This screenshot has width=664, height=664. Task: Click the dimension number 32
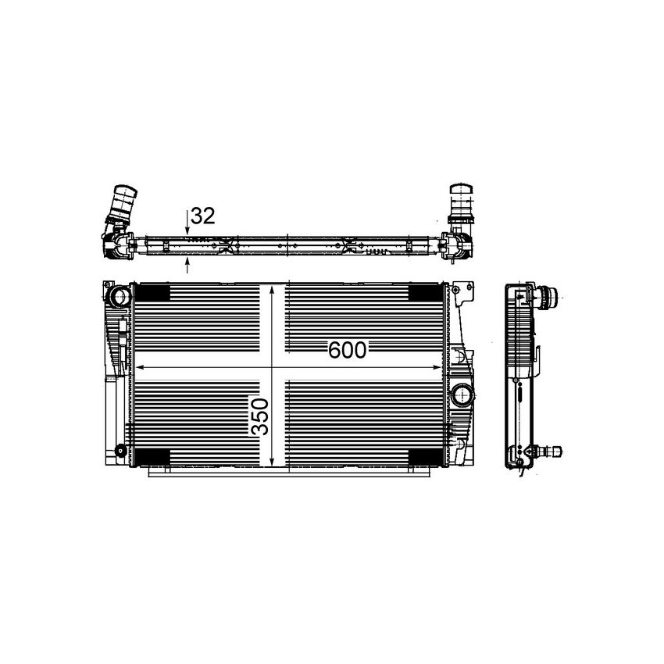point(202,216)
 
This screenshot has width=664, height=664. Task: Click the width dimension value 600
point(347,351)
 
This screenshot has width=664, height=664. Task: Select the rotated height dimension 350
point(260,417)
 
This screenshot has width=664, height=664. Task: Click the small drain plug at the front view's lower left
point(119,451)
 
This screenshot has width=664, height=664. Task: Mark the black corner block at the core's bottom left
point(154,457)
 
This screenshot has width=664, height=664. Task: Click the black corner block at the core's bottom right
point(424,457)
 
